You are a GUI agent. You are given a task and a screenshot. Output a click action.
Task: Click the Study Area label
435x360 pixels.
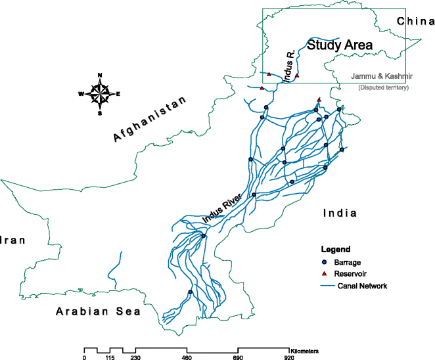(340, 46)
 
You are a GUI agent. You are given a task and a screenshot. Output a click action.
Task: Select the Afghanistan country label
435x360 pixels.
(150, 117)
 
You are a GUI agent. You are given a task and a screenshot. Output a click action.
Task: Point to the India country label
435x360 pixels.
(339, 214)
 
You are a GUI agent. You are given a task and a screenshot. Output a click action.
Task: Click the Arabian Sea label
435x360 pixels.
(98, 311)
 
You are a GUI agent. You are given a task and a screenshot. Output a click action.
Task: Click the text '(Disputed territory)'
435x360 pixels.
(383, 88)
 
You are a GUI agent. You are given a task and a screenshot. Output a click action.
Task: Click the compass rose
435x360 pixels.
(99, 94)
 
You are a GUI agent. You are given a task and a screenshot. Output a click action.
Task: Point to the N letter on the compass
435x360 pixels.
(99, 76)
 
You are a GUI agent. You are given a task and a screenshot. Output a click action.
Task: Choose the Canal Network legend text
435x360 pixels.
(362, 286)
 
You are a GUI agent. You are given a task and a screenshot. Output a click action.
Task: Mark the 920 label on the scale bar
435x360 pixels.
(289, 357)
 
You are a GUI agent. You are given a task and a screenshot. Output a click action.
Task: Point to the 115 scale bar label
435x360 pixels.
(110, 357)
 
